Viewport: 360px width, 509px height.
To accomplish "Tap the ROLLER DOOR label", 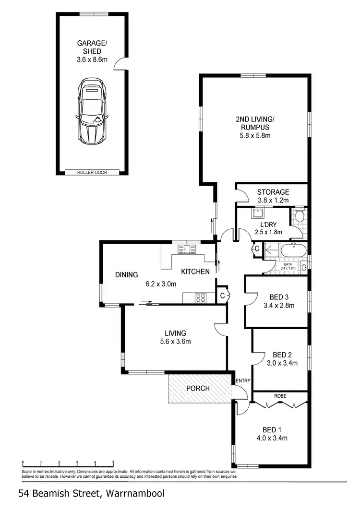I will point(92,172).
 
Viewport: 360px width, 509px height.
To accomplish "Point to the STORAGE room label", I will point(273,192).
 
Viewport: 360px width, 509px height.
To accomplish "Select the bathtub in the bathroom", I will point(293,250).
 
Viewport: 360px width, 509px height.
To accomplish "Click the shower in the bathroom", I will point(272,250).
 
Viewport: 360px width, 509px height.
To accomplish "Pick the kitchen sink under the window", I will point(185,249).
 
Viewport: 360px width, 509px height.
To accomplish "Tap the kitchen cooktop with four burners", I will point(201,298).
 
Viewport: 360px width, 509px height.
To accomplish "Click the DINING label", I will point(126,275).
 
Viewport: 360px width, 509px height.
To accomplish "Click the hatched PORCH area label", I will point(198,388).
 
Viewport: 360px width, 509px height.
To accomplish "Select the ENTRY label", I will point(243,380).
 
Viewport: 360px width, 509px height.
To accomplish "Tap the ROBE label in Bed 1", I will point(280,397).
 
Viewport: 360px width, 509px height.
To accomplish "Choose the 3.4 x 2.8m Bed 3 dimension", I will point(279,305).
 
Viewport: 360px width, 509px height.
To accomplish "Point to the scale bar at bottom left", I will point(68,463).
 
